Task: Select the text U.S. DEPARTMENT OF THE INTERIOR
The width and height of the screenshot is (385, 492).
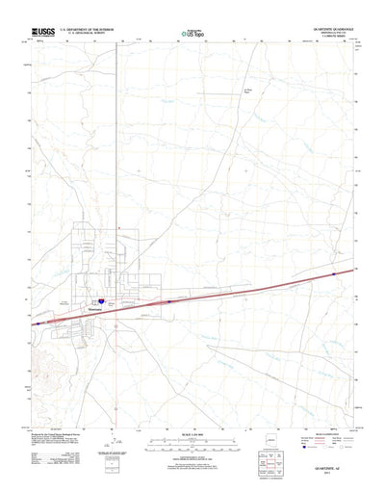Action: coord(88,31)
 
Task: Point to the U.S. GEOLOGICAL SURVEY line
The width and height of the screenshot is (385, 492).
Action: coord(88,36)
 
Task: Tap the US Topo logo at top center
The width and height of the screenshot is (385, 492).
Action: coord(192,35)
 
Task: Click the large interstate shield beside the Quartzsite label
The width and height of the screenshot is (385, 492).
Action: coord(100,301)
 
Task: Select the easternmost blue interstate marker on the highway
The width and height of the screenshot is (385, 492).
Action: coord(333,274)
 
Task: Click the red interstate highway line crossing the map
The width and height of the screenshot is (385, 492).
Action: coord(241,289)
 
